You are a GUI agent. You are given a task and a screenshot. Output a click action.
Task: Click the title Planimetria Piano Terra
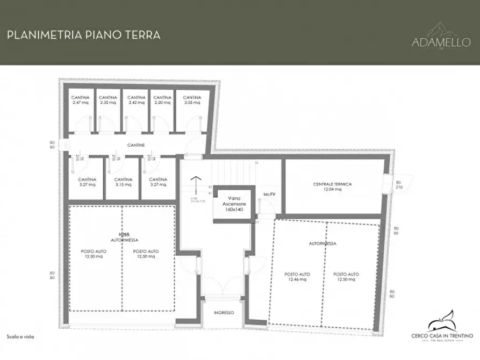pyautogui.click(x=83, y=35)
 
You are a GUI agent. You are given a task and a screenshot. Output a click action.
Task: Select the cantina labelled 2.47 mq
pyautogui.click(x=80, y=100)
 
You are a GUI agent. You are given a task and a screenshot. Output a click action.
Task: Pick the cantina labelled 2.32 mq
pyautogui.click(x=108, y=100)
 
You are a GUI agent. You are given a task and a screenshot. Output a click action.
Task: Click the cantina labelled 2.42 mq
pyautogui.click(x=135, y=100)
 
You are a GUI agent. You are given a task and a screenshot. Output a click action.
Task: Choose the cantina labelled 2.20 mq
pyautogui.click(x=162, y=100)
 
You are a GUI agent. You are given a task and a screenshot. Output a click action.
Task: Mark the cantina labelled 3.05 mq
pyautogui.click(x=192, y=100)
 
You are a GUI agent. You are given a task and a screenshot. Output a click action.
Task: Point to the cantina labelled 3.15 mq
pyautogui.click(x=123, y=182)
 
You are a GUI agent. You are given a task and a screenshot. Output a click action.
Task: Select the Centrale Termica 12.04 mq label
pyautogui.click(x=332, y=186)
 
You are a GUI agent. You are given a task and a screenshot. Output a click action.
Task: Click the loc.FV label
pyautogui.click(x=269, y=193)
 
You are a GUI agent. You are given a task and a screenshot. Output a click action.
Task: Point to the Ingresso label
pyautogui.click(x=223, y=312)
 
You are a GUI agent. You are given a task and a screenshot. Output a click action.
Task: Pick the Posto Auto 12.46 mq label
pyautogui.click(x=297, y=277)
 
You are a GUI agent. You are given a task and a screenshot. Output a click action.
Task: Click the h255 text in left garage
pyautogui.click(x=123, y=235)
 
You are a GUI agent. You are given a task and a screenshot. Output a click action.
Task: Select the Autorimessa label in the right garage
pyautogui.click(x=323, y=243)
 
